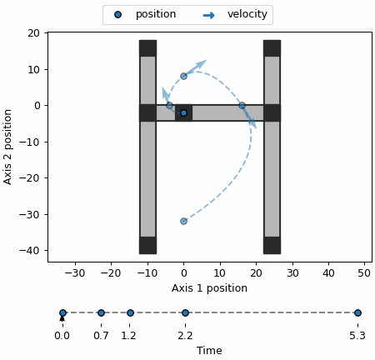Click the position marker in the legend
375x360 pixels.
pyautogui.click(x=117, y=14)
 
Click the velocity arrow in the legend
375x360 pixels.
pyautogui.click(x=208, y=15)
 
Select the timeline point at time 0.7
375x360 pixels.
pyautogui.click(x=101, y=312)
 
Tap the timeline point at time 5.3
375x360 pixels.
pyautogui.click(x=357, y=312)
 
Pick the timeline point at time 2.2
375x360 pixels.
pyautogui.click(x=185, y=312)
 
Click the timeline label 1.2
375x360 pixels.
pyautogui.click(x=128, y=336)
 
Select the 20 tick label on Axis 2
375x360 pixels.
pyautogui.click(x=33, y=33)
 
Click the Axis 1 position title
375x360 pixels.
pyautogui.click(x=209, y=288)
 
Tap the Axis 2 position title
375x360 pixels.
pyautogui.click(x=7, y=147)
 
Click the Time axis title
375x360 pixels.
pyautogui.click(x=209, y=351)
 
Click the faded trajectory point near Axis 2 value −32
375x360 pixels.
pyautogui.click(x=183, y=221)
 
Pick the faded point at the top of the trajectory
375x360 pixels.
pyautogui.click(x=183, y=76)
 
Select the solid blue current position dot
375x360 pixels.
pyautogui.click(x=183, y=112)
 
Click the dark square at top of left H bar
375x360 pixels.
pyautogui.click(x=147, y=48)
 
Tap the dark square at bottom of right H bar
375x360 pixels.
pyautogui.click(x=272, y=245)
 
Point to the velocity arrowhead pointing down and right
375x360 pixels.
pyautogui.click(x=252, y=123)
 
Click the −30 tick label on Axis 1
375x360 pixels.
pyautogui.click(x=75, y=273)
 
